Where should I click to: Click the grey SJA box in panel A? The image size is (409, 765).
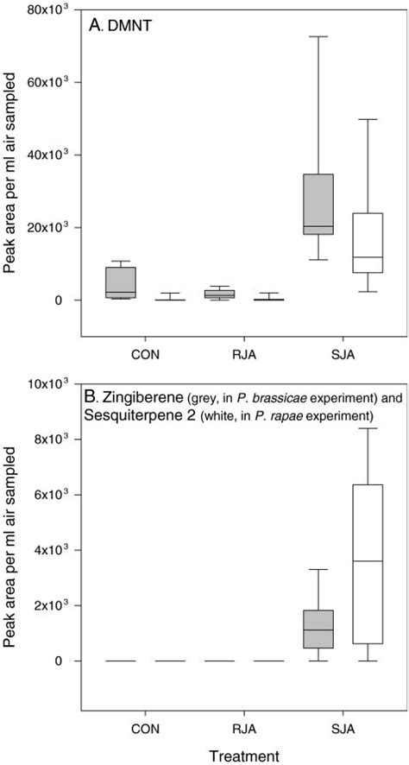[318, 204]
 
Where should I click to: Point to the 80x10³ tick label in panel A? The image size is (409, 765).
[53, 10]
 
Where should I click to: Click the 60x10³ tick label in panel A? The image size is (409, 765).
[53, 82]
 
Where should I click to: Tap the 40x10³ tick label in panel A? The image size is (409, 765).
[53, 155]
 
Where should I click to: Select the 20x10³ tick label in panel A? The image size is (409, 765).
[53, 227]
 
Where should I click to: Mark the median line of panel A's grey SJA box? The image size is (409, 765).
[318, 226]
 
